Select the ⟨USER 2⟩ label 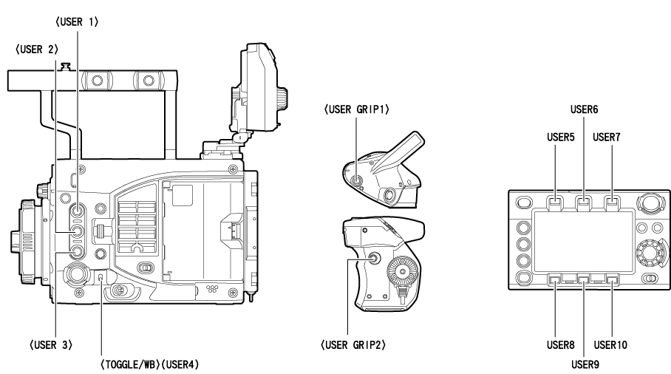tap(35, 50)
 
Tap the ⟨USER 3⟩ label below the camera tap(55, 345)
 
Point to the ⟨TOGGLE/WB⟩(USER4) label tap(149, 364)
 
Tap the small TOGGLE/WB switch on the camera tap(101, 278)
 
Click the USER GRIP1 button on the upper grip tap(356, 177)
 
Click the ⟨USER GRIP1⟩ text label tap(357, 109)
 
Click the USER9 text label tap(584, 362)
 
